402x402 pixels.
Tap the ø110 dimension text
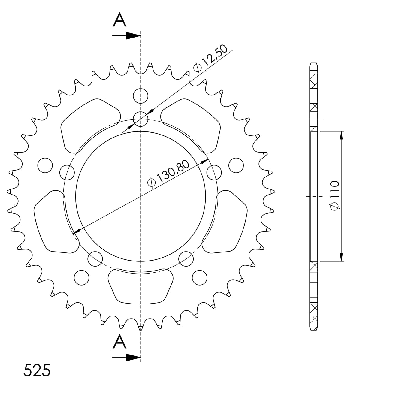(335, 195)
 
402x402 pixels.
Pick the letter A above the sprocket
(119, 20)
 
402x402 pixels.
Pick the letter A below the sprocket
(119, 341)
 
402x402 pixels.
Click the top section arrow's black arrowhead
(133, 36)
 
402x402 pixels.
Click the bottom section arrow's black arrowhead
(133, 358)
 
